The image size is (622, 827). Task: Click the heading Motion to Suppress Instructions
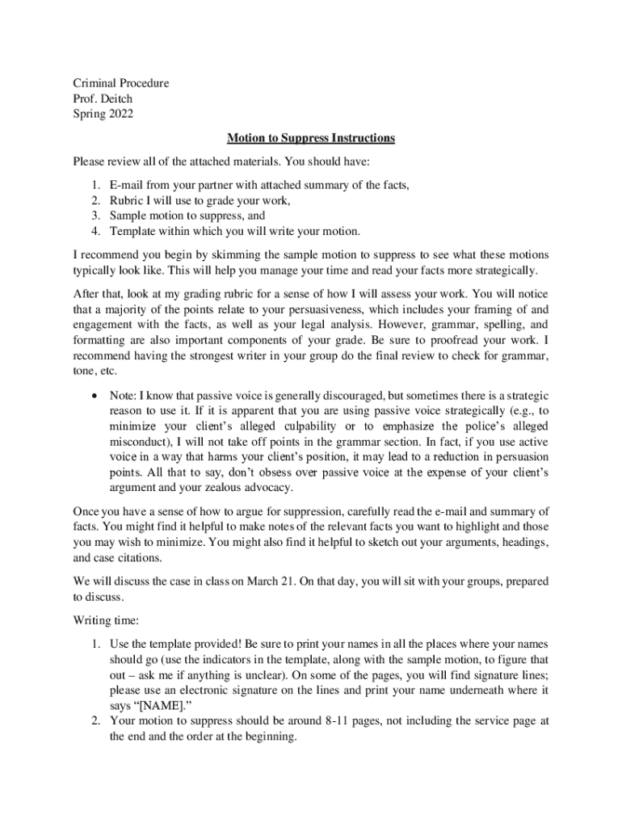point(311,138)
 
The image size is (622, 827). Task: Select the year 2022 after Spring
point(118,114)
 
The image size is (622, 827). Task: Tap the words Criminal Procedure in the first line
point(121,83)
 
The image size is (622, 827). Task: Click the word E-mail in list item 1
point(127,185)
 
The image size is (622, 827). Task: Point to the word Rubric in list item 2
point(127,200)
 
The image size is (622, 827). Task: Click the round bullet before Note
point(95,396)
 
